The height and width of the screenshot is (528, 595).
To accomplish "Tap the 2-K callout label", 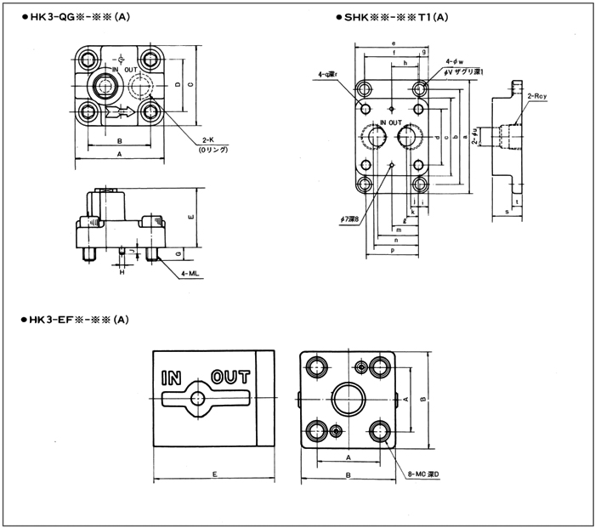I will point(208,140).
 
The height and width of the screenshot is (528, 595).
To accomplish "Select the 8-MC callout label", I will point(422,474).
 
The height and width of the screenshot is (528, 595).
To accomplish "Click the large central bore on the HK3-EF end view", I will point(349,397).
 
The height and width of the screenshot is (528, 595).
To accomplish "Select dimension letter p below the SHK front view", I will point(392,252).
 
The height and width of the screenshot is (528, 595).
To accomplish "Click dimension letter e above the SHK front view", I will point(394,43).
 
